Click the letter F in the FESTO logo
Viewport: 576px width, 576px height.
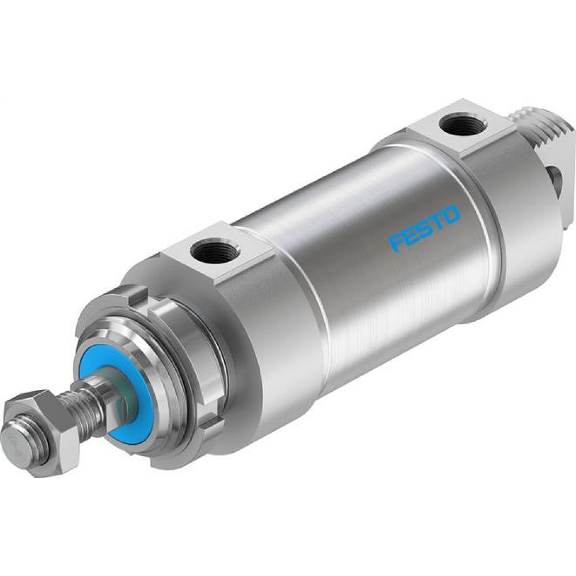pos(396,240)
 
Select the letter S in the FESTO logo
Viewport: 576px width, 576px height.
pos(425,228)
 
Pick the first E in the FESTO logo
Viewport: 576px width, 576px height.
pos(410,234)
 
